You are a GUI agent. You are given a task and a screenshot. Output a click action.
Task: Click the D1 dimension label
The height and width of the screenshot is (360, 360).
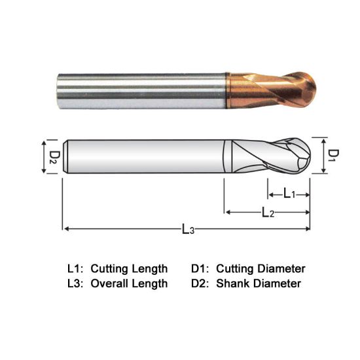(333, 155)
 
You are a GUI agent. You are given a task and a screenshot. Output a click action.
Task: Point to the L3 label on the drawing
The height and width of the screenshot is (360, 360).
(188, 230)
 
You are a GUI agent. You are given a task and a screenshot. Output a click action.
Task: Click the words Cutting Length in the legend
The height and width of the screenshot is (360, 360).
(129, 268)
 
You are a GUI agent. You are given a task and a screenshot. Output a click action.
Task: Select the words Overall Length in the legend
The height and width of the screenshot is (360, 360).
(129, 283)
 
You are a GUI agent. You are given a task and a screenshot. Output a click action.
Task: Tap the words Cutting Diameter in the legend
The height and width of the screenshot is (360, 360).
(261, 268)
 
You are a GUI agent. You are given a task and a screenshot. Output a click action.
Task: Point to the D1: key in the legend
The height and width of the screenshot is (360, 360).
(200, 268)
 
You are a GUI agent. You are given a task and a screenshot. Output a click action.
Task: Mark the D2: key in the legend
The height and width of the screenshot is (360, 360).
(200, 283)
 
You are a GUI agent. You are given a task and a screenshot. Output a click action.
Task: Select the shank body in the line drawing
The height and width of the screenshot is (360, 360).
(144, 156)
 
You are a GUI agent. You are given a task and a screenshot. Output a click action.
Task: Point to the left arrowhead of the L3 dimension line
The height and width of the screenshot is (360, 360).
(66, 228)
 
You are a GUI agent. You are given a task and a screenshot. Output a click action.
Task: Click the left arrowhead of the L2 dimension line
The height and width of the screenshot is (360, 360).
(228, 211)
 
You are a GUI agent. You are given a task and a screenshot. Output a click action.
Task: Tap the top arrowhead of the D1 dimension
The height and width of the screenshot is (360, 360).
(324, 139)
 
